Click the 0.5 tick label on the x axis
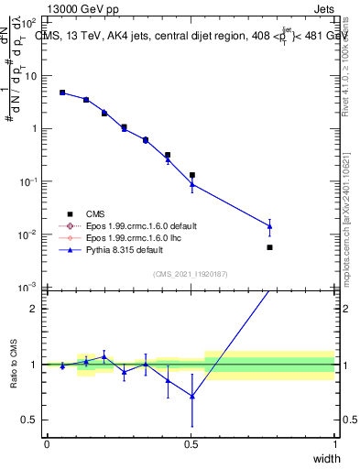coord(191,444)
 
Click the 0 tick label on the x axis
coord(47,444)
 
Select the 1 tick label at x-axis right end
coord(334,444)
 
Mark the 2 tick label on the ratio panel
coord(32,309)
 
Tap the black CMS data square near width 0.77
coord(269,247)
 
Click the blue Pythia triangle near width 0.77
coord(269,225)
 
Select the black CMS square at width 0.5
coord(191,175)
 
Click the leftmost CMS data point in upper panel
coord(62,93)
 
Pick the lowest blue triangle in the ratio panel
coord(191,396)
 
